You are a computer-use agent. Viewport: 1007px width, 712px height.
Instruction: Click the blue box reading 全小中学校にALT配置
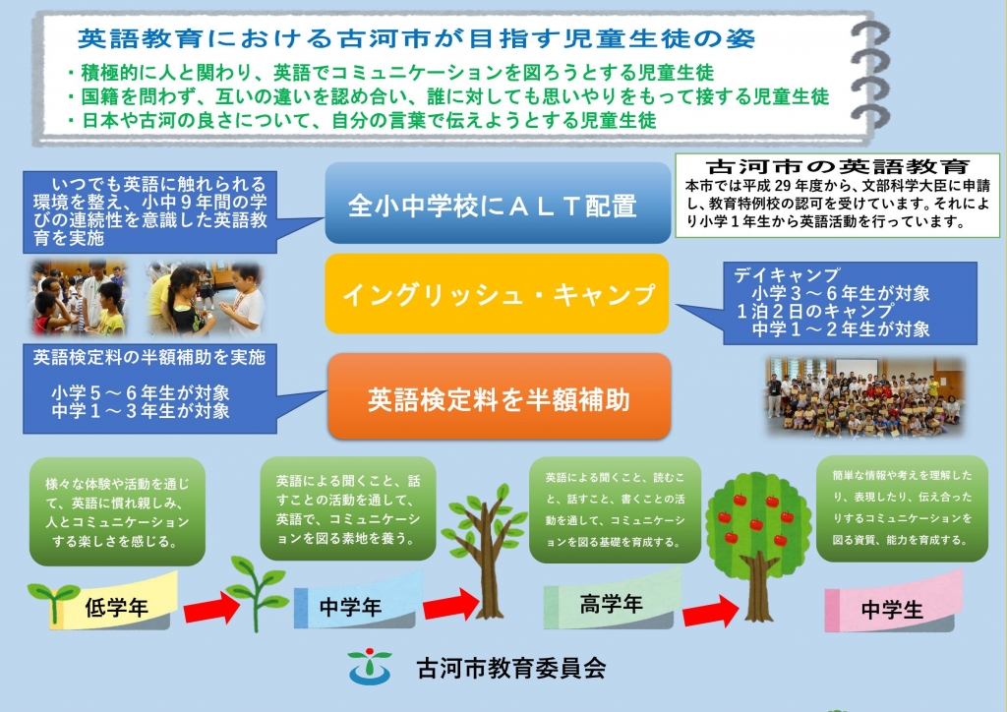(x=498, y=203)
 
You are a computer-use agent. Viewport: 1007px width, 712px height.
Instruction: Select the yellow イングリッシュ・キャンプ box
(x=497, y=294)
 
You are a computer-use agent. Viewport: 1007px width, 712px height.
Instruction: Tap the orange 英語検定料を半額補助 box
(x=499, y=396)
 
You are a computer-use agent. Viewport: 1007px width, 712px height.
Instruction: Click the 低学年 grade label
(x=116, y=608)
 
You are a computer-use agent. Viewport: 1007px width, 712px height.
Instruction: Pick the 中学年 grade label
(x=350, y=607)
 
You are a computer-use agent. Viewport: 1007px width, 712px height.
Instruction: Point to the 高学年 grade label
(x=611, y=604)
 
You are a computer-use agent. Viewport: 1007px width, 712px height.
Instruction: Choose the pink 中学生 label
(x=892, y=610)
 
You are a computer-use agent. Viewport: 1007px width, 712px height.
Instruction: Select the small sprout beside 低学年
(x=54, y=602)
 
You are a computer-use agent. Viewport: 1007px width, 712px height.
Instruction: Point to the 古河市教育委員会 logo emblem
(x=370, y=667)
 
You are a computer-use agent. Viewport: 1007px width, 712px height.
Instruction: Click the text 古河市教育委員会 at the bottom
(x=511, y=669)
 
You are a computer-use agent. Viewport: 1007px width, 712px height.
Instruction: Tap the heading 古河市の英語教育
(x=838, y=167)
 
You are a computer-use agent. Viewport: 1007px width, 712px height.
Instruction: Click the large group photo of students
(x=865, y=398)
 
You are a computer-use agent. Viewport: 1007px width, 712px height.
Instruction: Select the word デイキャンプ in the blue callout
(x=787, y=274)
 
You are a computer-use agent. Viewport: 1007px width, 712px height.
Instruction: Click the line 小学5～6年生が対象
(x=140, y=392)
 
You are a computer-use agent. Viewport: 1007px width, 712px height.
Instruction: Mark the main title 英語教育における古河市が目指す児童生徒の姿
(x=416, y=38)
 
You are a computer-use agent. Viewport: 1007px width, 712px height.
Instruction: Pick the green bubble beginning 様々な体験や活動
(x=118, y=511)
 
